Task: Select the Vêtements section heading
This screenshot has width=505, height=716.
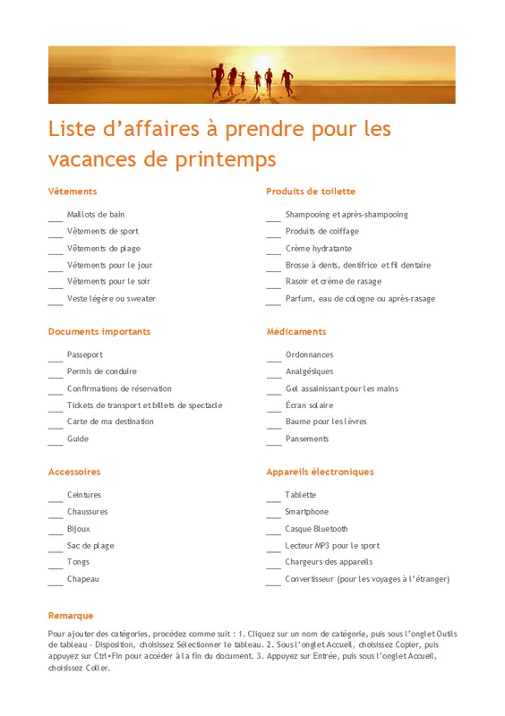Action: (73, 192)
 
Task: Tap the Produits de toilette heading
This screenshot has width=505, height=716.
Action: (311, 192)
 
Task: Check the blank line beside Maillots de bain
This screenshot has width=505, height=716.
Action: (56, 218)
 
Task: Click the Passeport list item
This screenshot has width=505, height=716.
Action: (85, 355)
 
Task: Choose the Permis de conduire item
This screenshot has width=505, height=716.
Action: (102, 371)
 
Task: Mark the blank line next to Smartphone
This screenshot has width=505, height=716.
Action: (273, 516)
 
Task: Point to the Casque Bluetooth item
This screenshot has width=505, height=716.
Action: (317, 529)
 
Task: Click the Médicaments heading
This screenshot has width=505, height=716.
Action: (296, 332)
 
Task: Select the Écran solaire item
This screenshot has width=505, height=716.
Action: (309, 405)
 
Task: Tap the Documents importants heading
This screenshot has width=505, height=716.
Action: (99, 332)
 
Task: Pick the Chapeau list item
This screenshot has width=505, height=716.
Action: (83, 579)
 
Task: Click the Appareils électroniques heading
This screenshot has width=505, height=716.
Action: (320, 472)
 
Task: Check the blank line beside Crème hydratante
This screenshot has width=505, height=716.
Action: (273, 252)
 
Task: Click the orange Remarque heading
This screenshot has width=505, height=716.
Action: (71, 616)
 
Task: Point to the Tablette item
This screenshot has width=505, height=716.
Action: (301, 495)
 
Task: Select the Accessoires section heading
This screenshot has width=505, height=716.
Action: (74, 472)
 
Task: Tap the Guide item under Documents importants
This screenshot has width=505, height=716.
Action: (78, 439)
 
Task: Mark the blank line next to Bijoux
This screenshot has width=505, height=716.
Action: (56, 533)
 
